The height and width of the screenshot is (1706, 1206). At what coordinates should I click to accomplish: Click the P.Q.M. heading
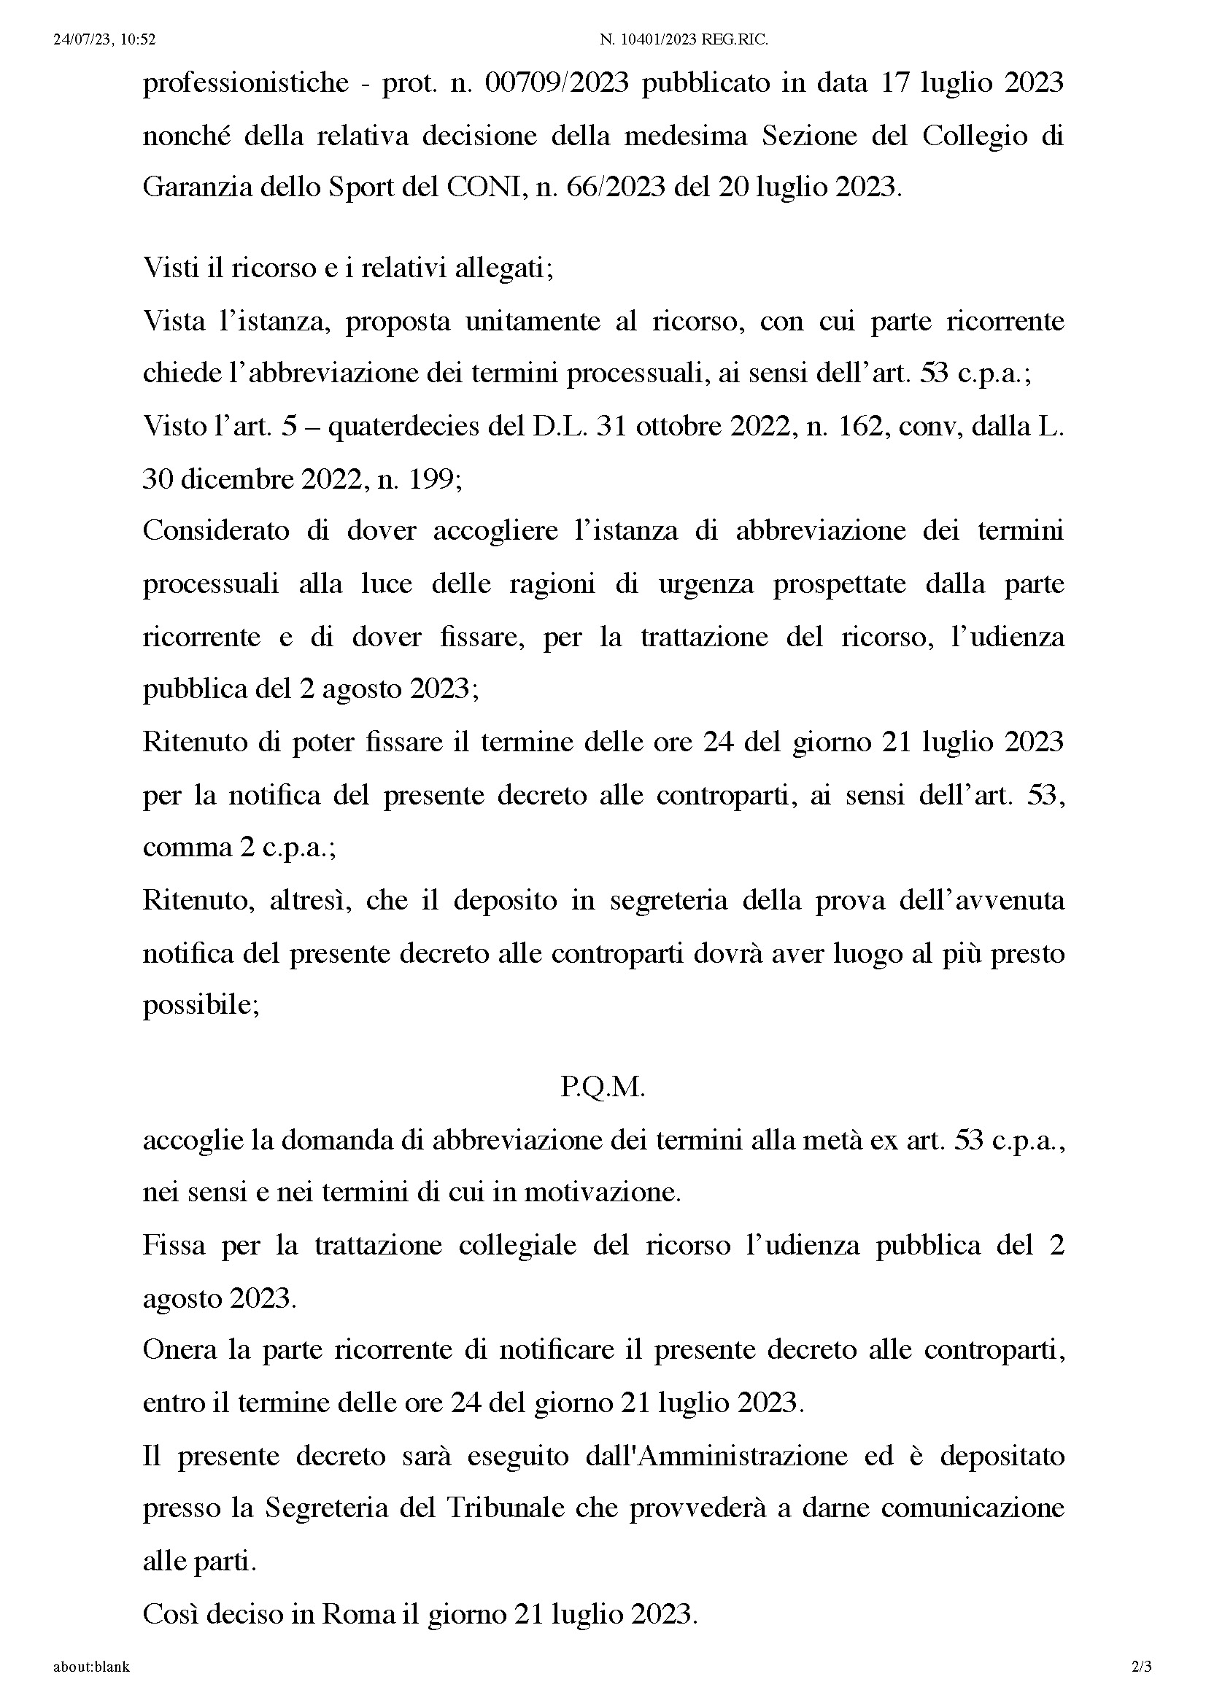coord(603,1087)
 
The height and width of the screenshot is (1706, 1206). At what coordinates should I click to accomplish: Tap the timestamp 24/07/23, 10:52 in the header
coord(104,40)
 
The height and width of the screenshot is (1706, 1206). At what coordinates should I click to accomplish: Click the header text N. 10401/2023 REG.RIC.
coord(684,40)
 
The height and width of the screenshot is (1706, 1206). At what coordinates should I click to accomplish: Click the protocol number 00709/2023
coord(557,82)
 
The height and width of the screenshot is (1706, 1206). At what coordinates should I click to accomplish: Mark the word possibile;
coord(201,1006)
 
